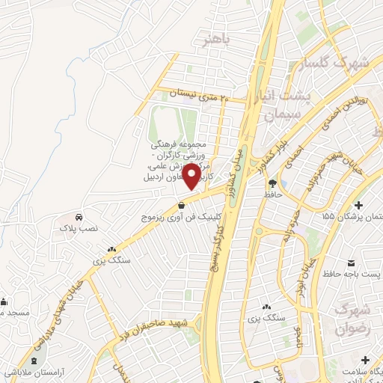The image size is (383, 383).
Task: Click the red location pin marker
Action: (x=191, y=176)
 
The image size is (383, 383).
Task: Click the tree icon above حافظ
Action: (x=272, y=183)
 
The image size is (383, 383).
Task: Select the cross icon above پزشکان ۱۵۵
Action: (x=359, y=204)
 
